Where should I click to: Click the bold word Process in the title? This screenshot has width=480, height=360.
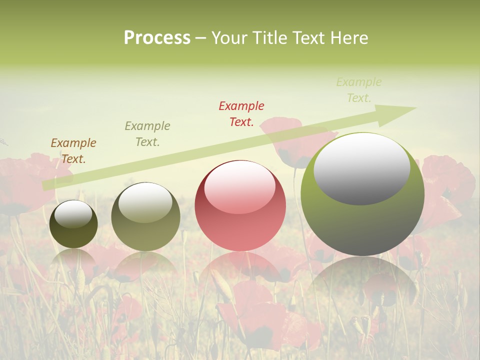tap(157, 38)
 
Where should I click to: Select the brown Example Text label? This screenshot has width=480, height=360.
tap(73, 151)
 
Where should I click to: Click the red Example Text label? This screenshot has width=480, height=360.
tap(241, 114)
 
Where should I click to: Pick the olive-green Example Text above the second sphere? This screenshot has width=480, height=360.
tap(147, 134)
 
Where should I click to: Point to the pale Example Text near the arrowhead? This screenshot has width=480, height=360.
tap(359, 90)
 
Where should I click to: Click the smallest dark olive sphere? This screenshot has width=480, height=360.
tap(73, 230)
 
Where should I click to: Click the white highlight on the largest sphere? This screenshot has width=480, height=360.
tap(362, 169)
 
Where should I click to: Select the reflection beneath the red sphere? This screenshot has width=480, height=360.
tap(240, 270)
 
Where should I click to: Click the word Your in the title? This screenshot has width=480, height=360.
tap(228, 38)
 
